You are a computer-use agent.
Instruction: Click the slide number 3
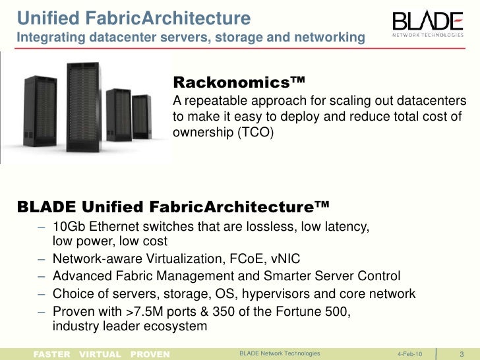[x=461, y=354]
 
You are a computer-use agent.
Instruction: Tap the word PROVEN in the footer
[x=150, y=354]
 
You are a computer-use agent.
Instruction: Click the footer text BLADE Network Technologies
[x=280, y=354]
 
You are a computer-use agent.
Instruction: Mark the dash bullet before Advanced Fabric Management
[x=42, y=276]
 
